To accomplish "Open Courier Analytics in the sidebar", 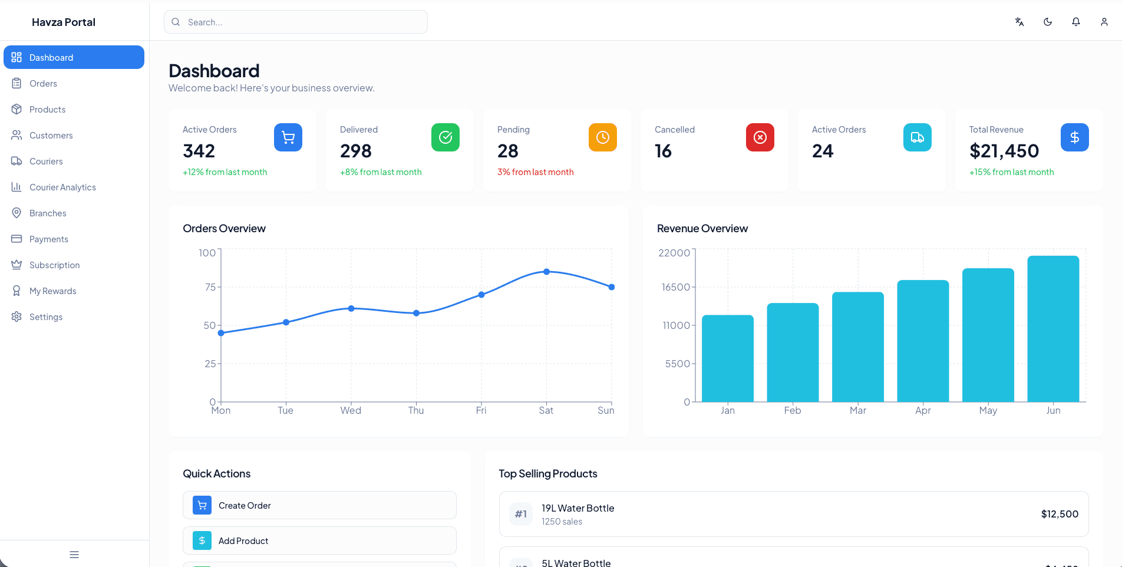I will coord(62,187).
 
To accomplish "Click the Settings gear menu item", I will coord(46,317).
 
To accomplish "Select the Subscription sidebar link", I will coord(54,265).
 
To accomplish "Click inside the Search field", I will coord(301,22).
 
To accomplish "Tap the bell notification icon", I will coord(1075,22).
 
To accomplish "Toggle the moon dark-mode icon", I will coord(1047,22).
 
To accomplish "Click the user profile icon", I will coord(1104,22).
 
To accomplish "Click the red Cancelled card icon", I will coord(760,137).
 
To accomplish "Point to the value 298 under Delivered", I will coord(355,151).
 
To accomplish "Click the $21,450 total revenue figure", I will coord(1004,151).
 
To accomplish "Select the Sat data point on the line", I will coord(546,272).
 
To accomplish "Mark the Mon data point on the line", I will coord(221,333).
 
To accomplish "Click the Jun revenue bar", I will coord(1052,329).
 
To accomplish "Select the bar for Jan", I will coord(727,358).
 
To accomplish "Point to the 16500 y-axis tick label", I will coord(675,287).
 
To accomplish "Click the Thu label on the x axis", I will coord(415,411).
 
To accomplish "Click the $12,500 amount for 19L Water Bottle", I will coord(1059,514).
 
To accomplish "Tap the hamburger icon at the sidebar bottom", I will coord(74,555).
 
